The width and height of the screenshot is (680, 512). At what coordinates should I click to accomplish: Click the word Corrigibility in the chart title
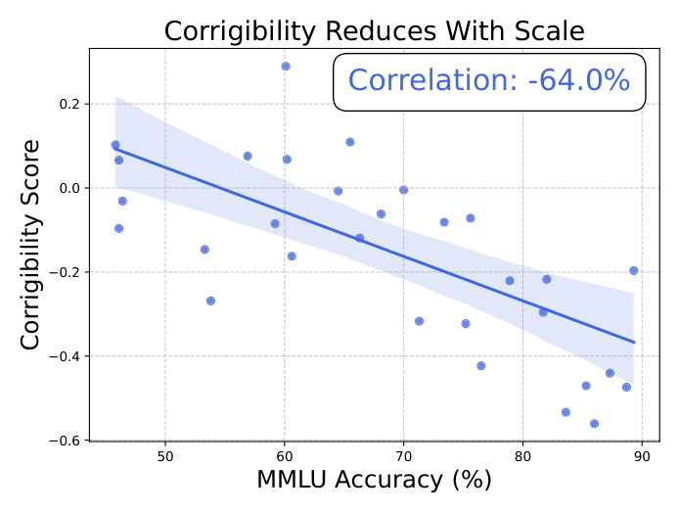[x=240, y=32]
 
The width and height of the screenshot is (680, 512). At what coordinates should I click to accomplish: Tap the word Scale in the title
[x=550, y=31]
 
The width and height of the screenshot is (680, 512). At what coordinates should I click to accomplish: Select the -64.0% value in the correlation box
[x=579, y=80]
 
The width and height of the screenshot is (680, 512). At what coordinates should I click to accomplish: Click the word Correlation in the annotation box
[x=432, y=80]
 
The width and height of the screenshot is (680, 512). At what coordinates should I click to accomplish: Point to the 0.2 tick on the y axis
[x=69, y=104]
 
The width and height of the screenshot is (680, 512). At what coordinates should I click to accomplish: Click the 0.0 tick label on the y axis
[x=69, y=188]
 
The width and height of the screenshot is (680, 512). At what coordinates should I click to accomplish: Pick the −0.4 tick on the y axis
[x=65, y=356]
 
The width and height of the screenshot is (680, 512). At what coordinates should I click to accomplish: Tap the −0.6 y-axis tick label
[x=65, y=441]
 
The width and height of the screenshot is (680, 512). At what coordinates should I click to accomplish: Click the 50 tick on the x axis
[x=165, y=457]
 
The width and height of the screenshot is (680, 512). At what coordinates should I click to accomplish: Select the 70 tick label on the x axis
[x=404, y=457]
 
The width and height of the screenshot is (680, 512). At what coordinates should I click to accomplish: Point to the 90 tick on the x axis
[x=642, y=457]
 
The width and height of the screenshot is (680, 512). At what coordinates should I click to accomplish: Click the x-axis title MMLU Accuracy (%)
[x=375, y=480]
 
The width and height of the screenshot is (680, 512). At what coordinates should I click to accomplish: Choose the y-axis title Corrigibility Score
[x=30, y=245]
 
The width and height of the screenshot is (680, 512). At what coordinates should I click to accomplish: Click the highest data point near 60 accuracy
[x=286, y=67]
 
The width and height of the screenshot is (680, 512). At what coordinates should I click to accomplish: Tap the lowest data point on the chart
[x=595, y=424]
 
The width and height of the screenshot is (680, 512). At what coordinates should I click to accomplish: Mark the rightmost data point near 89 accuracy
[x=634, y=271]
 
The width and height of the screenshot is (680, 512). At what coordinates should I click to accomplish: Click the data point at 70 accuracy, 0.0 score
[x=404, y=190]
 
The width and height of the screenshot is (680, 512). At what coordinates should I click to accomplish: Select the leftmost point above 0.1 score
[x=115, y=145]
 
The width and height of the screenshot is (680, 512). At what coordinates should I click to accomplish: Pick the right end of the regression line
[x=634, y=343]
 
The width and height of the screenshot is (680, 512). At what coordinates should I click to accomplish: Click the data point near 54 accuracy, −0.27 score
[x=210, y=302]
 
